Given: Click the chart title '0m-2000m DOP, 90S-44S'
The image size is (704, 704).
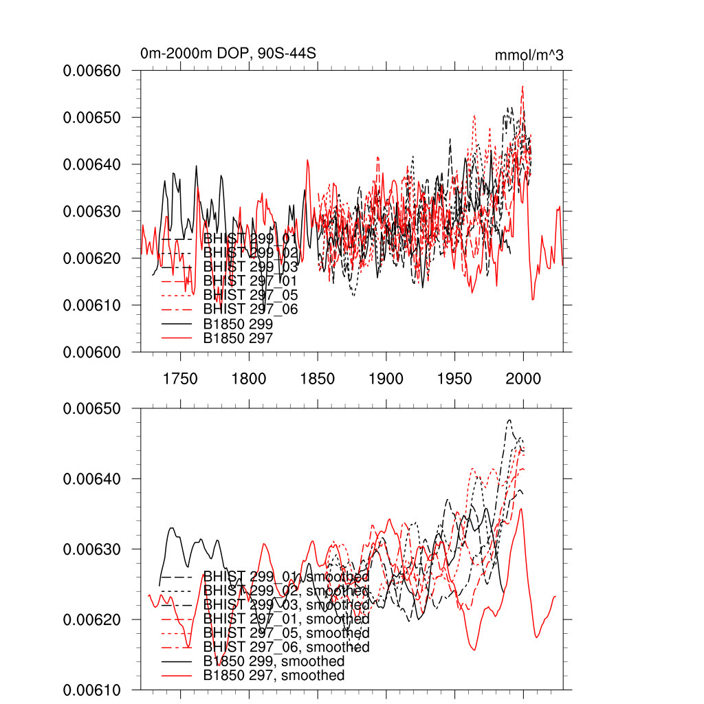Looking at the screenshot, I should [228, 54].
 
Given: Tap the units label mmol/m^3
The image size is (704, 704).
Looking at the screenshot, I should [529, 56].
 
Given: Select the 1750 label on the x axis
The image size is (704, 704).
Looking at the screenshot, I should [180, 378].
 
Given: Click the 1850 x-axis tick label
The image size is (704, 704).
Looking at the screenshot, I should [318, 378].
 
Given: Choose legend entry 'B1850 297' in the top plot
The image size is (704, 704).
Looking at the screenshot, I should [238, 338].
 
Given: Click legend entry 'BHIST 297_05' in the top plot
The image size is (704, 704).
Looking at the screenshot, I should [250, 295].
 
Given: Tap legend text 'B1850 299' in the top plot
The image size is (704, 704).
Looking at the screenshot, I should [238, 323].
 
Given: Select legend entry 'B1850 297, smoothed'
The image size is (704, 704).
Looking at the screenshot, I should [274, 676].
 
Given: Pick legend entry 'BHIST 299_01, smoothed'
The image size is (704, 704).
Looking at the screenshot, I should [286, 576].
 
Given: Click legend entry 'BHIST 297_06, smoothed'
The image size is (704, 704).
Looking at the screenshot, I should [286, 647].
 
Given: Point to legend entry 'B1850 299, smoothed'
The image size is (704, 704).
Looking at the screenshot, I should [274, 661].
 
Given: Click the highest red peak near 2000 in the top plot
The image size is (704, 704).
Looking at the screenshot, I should [523, 87].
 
